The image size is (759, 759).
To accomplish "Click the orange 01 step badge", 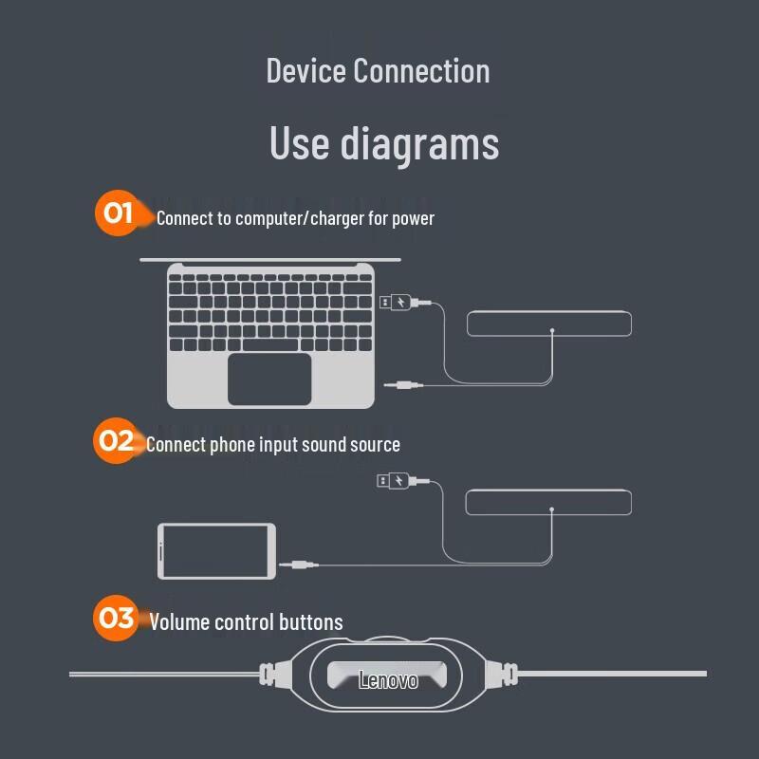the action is pyautogui.click(x=118, y=213).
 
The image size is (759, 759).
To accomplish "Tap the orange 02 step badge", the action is pyautogui.click(x=116, y=440).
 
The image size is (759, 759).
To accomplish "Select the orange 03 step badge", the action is pyautogui.click(x=116, y=619).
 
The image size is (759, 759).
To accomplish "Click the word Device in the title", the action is pyautogui.click(x=305, y=70).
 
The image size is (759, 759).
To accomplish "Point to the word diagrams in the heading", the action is pyautogui.click(x=419, y=143).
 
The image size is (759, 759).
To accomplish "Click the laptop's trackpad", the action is pyautogui.click(x=269, y=379).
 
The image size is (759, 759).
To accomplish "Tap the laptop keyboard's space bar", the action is pyautogui.click(x=270, y=344).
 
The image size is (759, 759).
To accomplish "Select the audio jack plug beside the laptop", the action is pyautogui.click(x=404, y=385).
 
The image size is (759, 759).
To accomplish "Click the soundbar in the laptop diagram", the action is pyautogui.click(x=549, y=323).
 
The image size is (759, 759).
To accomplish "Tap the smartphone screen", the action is pyautogui.click(x=216, y=551).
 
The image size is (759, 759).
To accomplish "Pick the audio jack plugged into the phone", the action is pyautogui.click(x=299, y=565).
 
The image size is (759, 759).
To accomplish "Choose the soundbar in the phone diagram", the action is pyautogui.click(x=548, y=502).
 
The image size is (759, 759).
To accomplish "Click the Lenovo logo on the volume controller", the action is pyautogui.click(x=388, y=680).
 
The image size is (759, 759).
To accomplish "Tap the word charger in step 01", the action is pyautogui.click(x=338, y=219).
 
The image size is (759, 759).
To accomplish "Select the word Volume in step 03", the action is pyautogui.click(x=179, y=622).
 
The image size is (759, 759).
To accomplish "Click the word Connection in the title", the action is pyautogui.click(x=421, y=70).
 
